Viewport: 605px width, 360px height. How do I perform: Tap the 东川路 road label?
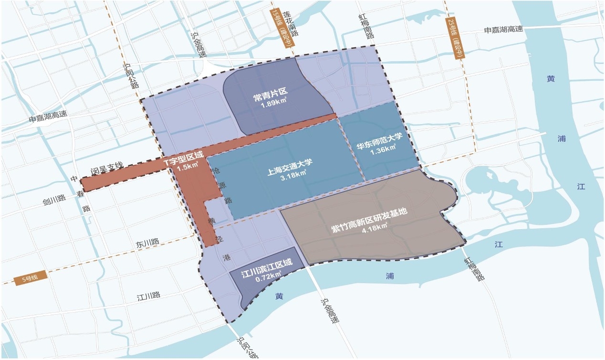[x=147, y=242]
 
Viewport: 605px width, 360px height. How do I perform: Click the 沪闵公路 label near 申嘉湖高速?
[x=131, y=74]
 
